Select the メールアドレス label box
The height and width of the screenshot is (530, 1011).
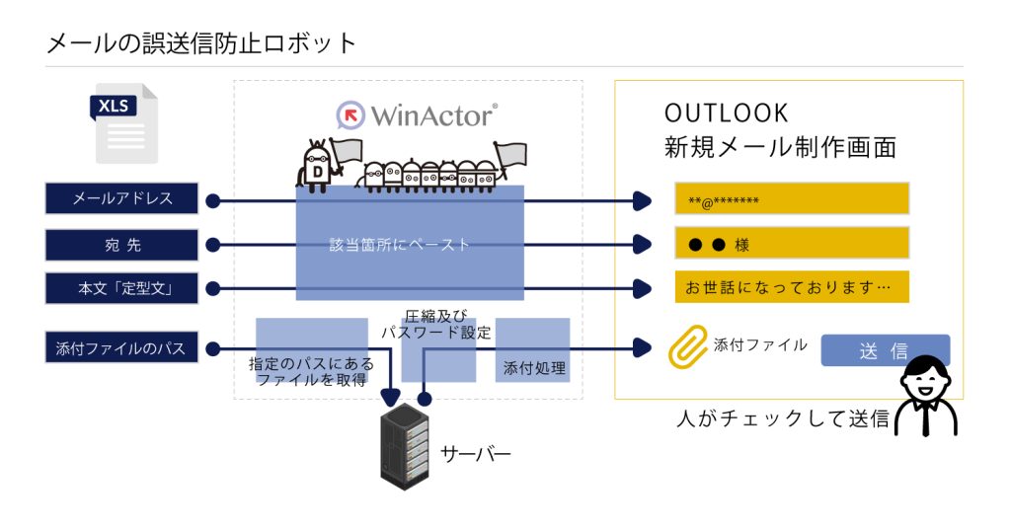tap(122, 198)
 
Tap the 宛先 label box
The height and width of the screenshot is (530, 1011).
tap(122, 244)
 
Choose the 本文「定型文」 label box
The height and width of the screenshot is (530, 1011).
tap(122, 289)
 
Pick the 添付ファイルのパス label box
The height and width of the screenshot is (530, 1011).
tap(122, 347)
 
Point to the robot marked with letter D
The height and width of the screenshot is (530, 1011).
tap(317, 164)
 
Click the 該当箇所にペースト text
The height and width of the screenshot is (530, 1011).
tap(400, 244)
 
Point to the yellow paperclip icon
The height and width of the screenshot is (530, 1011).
tap(687, 346)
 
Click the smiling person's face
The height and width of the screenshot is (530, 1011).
tap(925, 381)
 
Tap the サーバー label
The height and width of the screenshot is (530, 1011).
tap(475, 454)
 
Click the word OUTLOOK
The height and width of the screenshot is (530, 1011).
tap(727, 113)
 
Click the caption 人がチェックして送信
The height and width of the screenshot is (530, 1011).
tap(783, 418)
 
